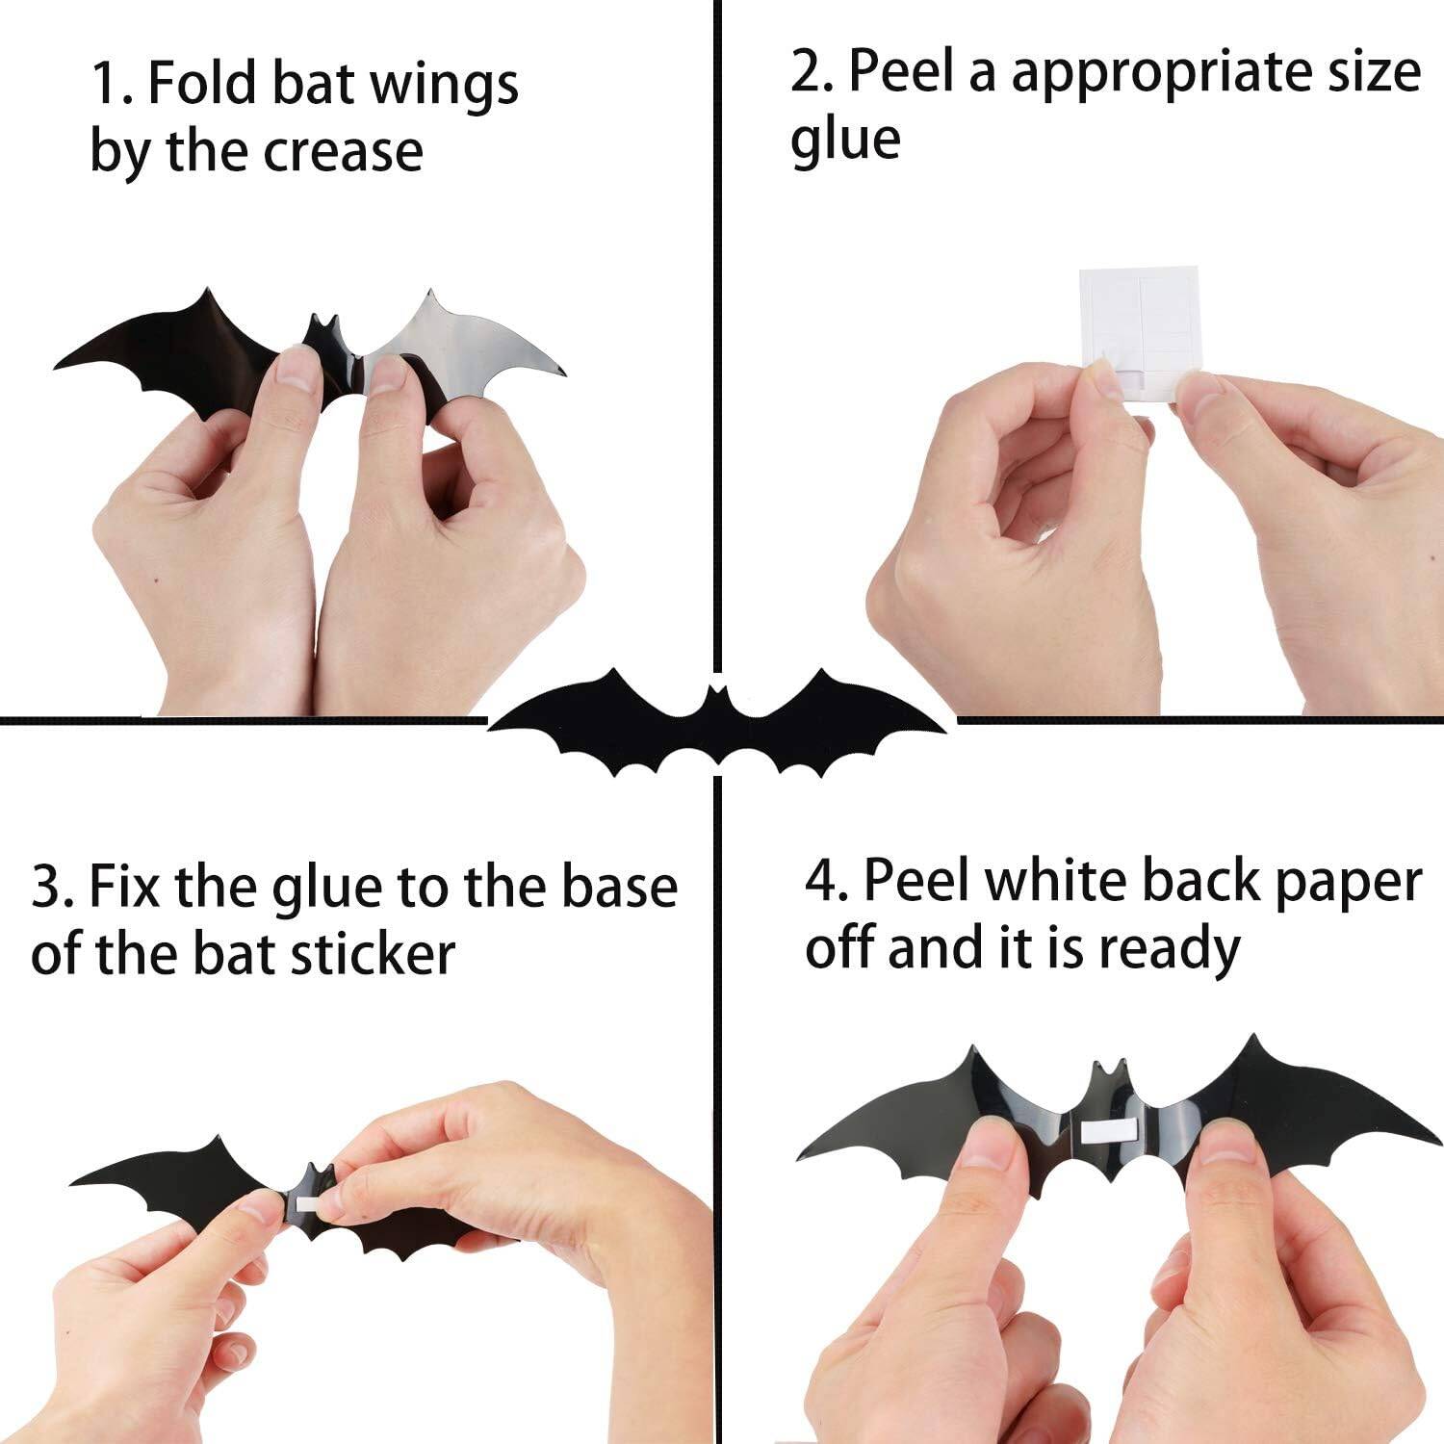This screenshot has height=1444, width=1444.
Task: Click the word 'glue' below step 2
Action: pyautogui.click(x=845, y=141)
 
